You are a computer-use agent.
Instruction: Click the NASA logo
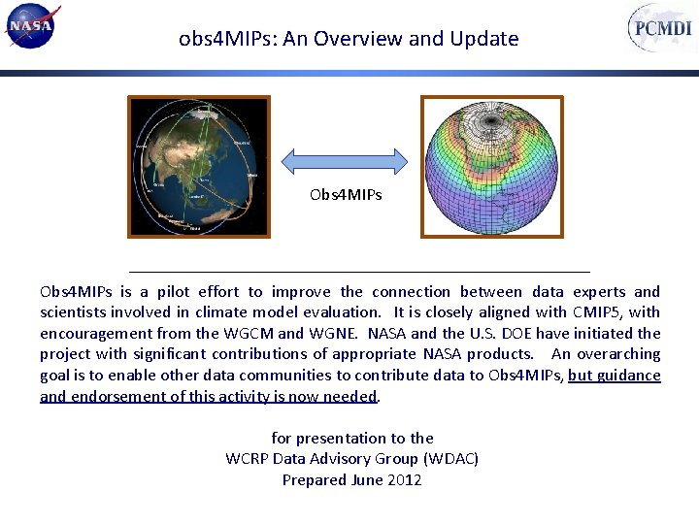[32, 26]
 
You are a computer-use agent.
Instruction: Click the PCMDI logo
[661, 28]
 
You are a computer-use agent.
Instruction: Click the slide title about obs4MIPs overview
[349, 39]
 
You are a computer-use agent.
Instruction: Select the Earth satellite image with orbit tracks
[200, 166]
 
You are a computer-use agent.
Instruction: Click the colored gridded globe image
[491, 166]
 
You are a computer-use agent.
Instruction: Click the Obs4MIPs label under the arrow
[346, 195]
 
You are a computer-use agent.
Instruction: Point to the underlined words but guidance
[614, 376]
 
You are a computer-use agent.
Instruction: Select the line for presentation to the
[352, 439]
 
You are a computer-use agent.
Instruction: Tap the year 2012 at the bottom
[403, 479]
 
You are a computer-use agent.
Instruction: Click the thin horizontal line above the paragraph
[359, 272]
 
